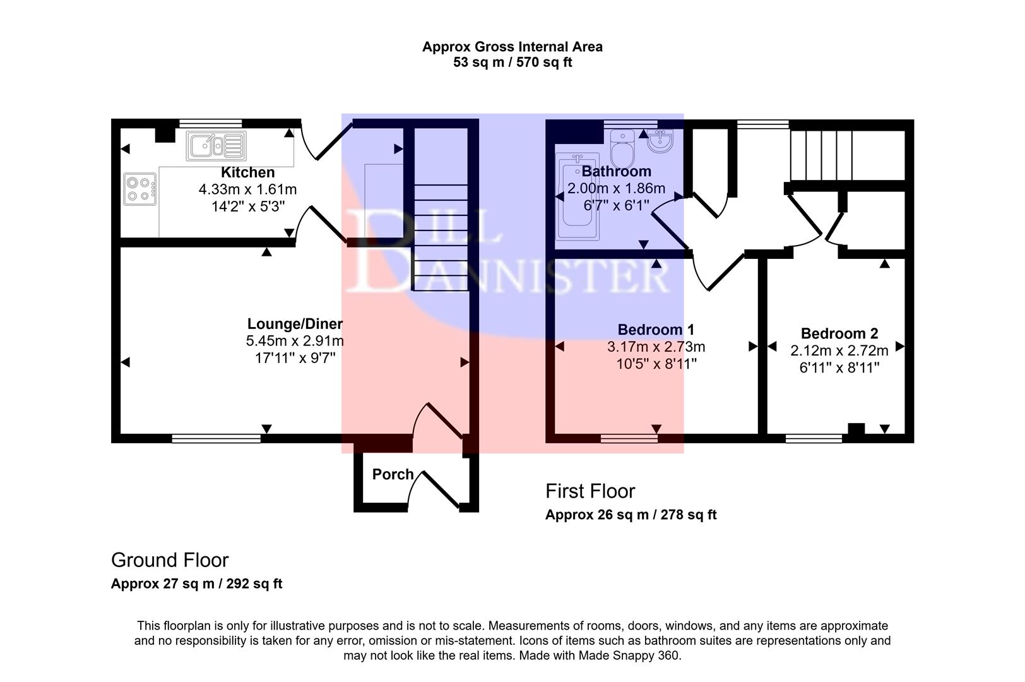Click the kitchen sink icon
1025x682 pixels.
click(x=216, y=146)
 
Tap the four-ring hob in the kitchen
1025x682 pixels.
click(x=139, y=189)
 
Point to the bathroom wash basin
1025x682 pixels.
click(x=660, y=140)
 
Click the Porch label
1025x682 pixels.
click(x=393, y=474)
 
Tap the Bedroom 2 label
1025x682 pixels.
click(x=839, y=333)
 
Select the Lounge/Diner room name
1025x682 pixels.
click(x=295, y=324)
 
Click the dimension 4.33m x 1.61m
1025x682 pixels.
click(x=247, y=189)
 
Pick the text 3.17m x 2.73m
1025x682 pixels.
click(x=656, y=347)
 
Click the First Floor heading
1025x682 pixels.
click(x=590, y=491)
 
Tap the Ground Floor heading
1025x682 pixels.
click(x=169, y=560)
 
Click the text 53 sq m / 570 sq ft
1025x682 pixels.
click(x=512, y=63)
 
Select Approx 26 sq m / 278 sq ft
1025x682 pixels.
click(x=631, y=515)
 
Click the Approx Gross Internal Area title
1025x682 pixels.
click(x=512, y=47)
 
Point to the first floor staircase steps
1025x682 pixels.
click(x=821, y=155)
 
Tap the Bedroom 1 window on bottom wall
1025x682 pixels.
click(x=629, y=438)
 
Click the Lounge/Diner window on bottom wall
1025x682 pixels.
click(x=216, y=438)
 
